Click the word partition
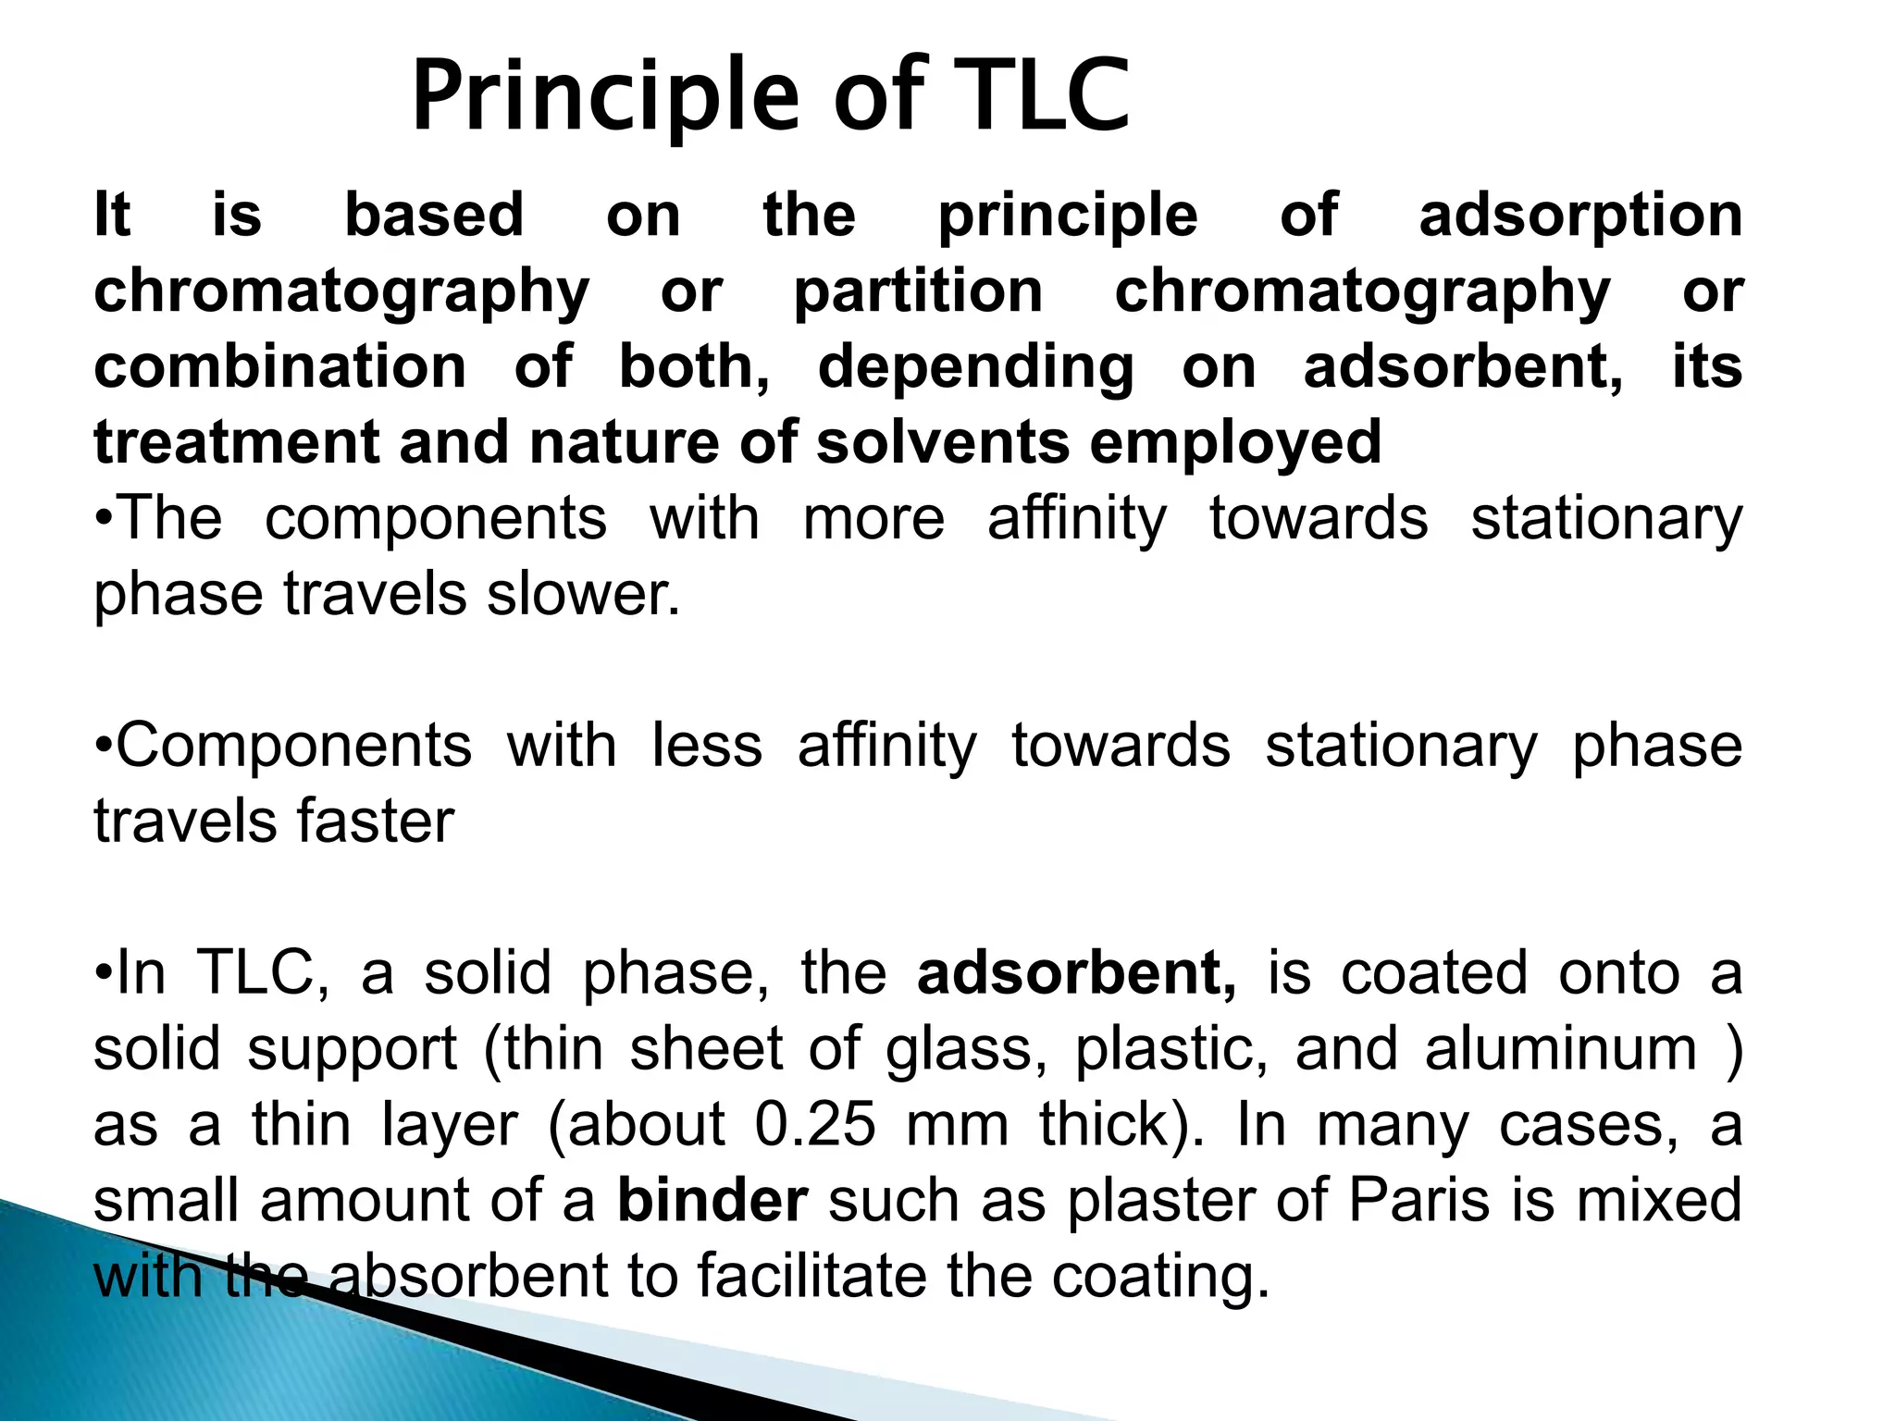tap(918, 292)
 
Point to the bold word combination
tap(280, 367)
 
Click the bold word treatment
tap(236, 443)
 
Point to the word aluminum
tap(1561, 1050)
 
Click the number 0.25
tap(815, 1126)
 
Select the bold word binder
tap(712, 1201)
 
